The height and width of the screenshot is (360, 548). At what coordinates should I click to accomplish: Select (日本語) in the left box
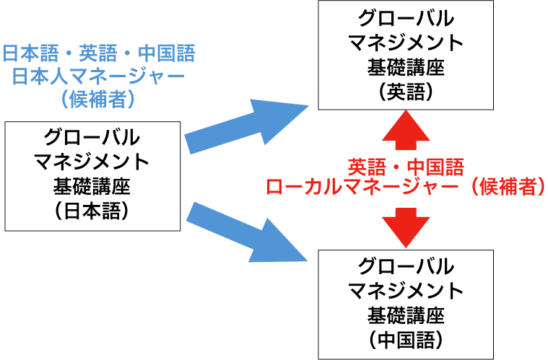92,211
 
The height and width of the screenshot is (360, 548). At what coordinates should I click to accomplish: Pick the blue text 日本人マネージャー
98,76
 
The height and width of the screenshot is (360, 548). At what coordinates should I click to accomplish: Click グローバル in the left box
92,137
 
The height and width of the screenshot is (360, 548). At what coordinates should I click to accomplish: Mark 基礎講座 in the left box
92,186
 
